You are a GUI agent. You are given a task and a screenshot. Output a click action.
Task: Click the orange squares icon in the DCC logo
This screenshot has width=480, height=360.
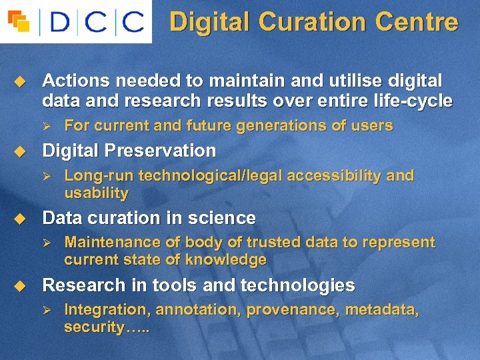pos(19,21)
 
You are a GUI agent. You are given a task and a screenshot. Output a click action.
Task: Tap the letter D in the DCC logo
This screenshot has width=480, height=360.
pos(60,22)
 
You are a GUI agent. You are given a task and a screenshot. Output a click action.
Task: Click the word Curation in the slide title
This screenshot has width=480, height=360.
pos(313,22)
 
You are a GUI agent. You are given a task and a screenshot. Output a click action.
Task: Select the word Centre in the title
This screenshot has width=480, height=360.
pos(417,22)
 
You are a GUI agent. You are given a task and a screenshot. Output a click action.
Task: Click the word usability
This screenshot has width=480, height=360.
pos(96,193)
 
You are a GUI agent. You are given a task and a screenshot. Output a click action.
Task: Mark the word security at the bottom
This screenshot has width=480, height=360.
pos(93,327)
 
